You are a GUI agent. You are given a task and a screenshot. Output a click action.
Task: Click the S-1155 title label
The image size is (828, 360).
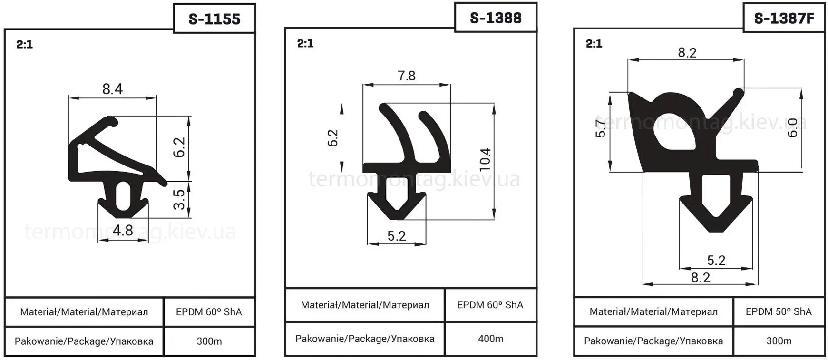[214, 19]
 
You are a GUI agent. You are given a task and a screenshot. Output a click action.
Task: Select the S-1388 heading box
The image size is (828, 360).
[496, 18]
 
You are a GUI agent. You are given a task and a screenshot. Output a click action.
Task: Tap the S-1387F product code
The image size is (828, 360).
[784, 19]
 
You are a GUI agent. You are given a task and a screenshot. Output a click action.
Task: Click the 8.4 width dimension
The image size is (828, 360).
[112, 89]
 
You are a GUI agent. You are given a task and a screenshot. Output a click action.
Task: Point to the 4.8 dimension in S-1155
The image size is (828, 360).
[123, 230]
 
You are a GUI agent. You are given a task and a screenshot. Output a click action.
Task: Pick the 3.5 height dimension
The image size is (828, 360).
[179, 200]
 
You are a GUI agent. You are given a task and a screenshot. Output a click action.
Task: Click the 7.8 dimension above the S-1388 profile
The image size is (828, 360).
[406, 76]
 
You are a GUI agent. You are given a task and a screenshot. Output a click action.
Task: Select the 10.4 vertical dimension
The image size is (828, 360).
[485, 160]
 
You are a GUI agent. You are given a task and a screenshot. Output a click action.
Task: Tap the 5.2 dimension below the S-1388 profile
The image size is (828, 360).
[397, 236]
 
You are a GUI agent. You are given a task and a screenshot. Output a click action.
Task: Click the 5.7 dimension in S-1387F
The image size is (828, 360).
[601, 128]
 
